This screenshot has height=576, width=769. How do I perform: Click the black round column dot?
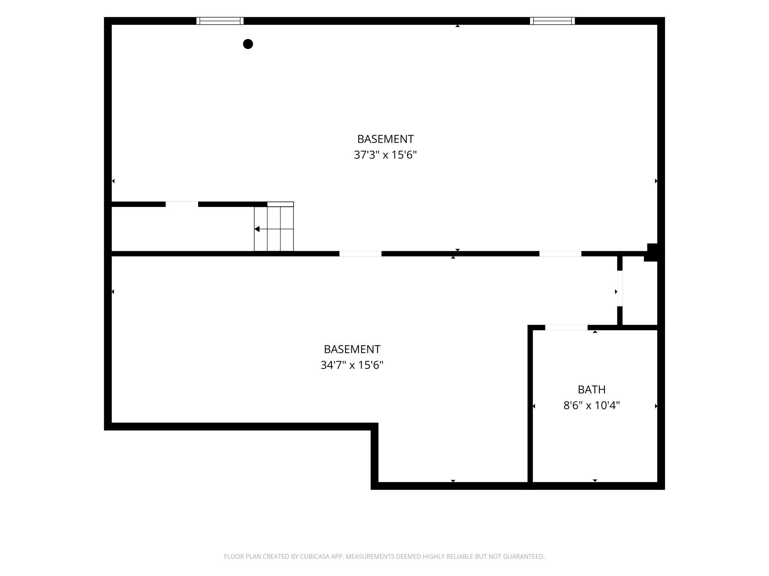click(x=248, y=44)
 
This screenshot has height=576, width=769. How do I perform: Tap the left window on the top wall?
click(x=220, y=21)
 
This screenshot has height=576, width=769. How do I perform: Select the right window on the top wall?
click(x=552, y=21)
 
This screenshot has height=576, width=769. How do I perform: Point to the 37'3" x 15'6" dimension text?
click(x=385, y=155)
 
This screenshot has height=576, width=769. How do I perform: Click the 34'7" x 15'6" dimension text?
click(x=352, y=365)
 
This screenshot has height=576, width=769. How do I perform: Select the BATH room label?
click(x=592, y=390)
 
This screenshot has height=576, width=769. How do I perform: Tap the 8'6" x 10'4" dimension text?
click(x=592, y=405)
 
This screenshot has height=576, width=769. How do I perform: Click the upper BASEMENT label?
click(x=385, y=139)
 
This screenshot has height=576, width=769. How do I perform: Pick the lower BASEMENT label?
click(x=352, y=349)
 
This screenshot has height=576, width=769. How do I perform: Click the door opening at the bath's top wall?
click(x=566, y=328)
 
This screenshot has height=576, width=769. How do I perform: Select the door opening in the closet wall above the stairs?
click(x=182, y=204)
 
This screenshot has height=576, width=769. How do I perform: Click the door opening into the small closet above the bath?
click(x=620, y=288)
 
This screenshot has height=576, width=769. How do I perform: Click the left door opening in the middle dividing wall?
click(x=360, y=254)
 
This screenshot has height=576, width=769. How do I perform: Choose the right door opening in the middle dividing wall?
click(x=560, y=254)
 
